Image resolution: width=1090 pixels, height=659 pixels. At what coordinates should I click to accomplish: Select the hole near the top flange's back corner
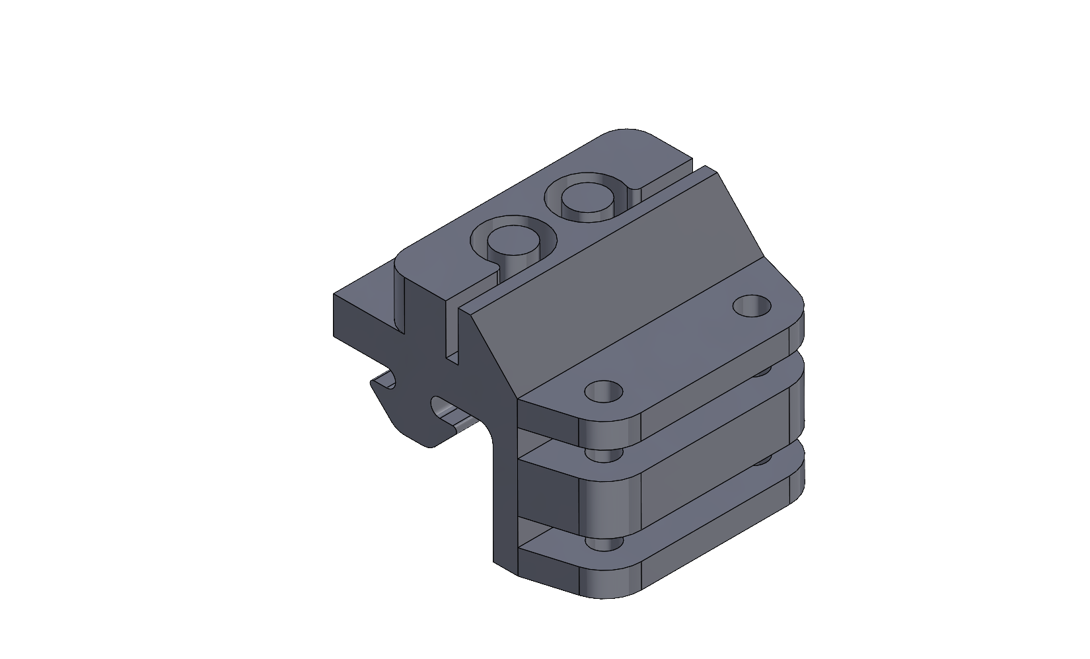click(752, 306)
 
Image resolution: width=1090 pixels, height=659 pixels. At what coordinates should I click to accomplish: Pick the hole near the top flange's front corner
click(604, 392)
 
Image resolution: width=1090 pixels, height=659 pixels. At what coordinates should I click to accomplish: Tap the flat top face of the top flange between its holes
click(674, 350)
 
